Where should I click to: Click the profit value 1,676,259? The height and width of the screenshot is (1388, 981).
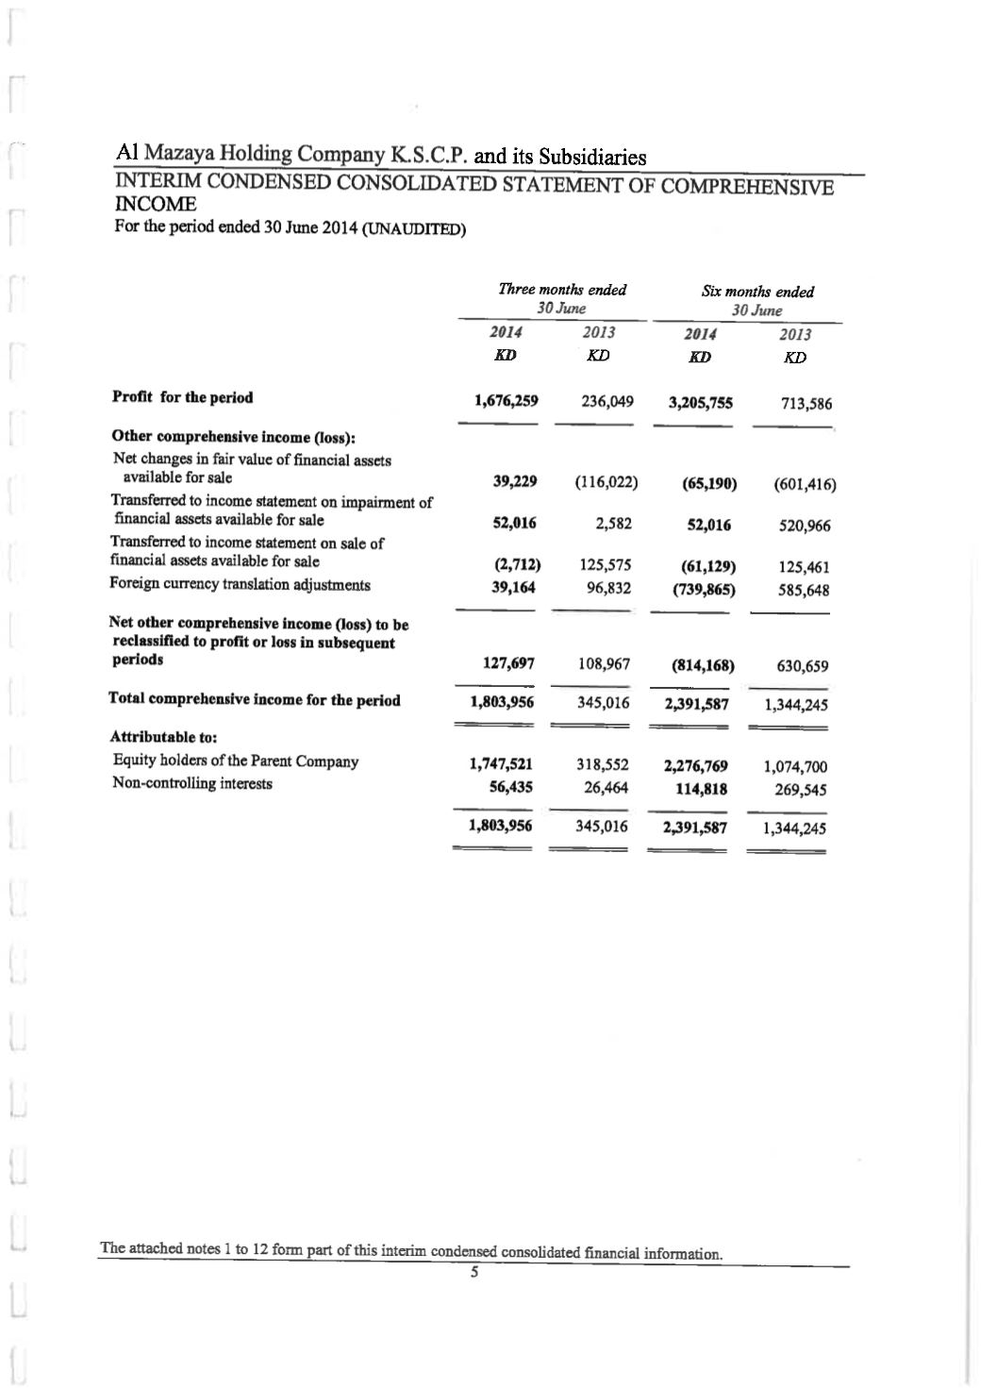click(x=507, y=400)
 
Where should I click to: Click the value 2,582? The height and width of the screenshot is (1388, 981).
click(x=613, y=524)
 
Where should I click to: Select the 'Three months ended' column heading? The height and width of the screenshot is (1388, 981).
click(x=562, y=290)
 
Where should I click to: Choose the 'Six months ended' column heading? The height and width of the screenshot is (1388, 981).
click(x=757, y=293)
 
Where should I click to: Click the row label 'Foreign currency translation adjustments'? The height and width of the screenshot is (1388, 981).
click(x=241, y=584)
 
